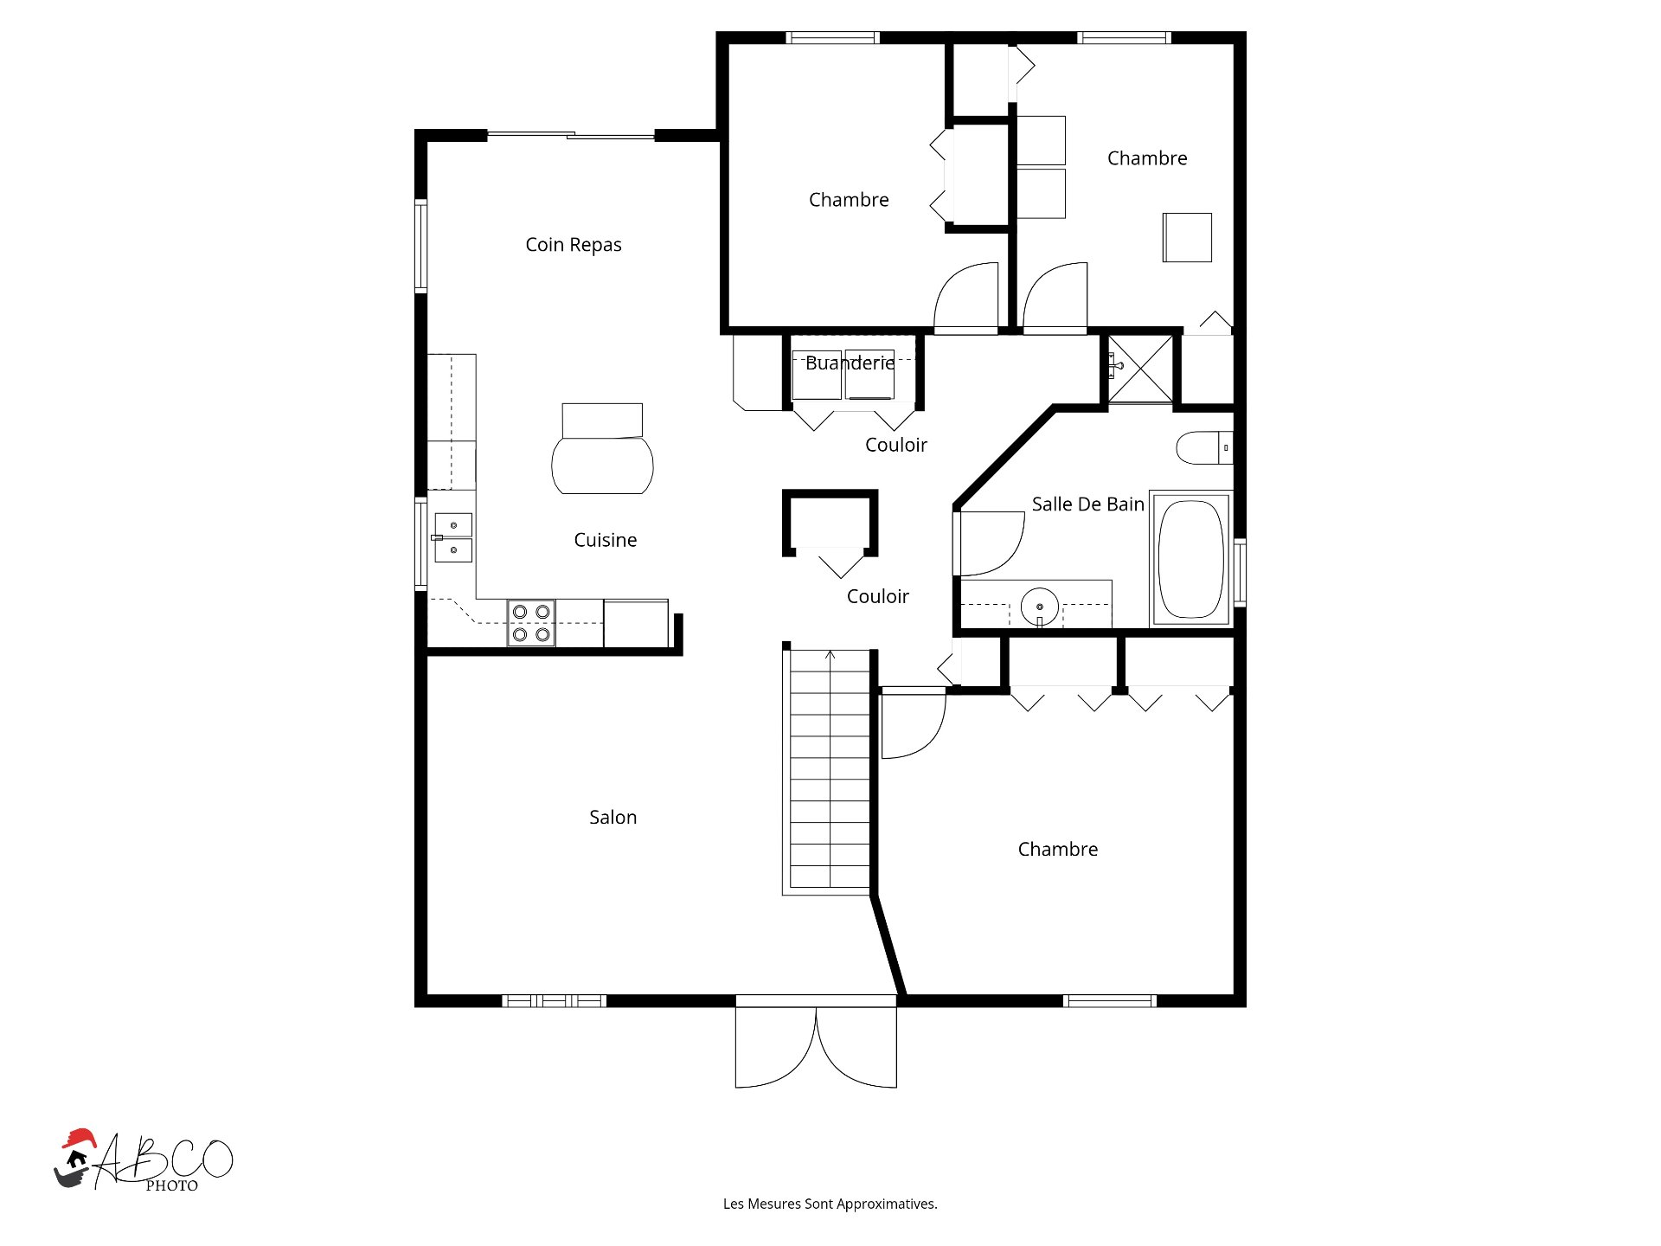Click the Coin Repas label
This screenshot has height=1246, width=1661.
click(x=573, y=245)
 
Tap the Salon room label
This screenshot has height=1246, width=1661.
click(x=612, y=818)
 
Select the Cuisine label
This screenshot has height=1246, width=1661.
click(x=605, y=540)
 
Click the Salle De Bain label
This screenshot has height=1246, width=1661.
click(x=1087, y=504)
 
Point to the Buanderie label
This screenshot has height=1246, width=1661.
click(x=850, y=363)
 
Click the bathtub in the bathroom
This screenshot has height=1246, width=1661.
click(x=1191, y=560)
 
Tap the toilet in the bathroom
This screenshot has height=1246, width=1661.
click(x=1202, y=447)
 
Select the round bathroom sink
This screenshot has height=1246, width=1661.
click(x=1039, y=607)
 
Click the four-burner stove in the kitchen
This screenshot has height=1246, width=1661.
click(x=530, y=623)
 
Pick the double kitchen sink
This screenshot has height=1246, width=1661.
click(x=453, y=537)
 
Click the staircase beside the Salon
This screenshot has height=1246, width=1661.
click(x=829, y=770)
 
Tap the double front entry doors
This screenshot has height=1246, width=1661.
click(x=816, y=1047)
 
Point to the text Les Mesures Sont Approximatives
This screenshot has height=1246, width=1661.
click(x=830, y=1204)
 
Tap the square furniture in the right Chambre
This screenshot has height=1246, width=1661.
click(x=1187, y=237)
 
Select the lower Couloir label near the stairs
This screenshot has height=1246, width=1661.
click(x=877, y=597)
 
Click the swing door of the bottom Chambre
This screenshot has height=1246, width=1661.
click(x=913, y=725)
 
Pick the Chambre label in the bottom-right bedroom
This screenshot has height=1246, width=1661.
click(x=1057, y=850)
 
